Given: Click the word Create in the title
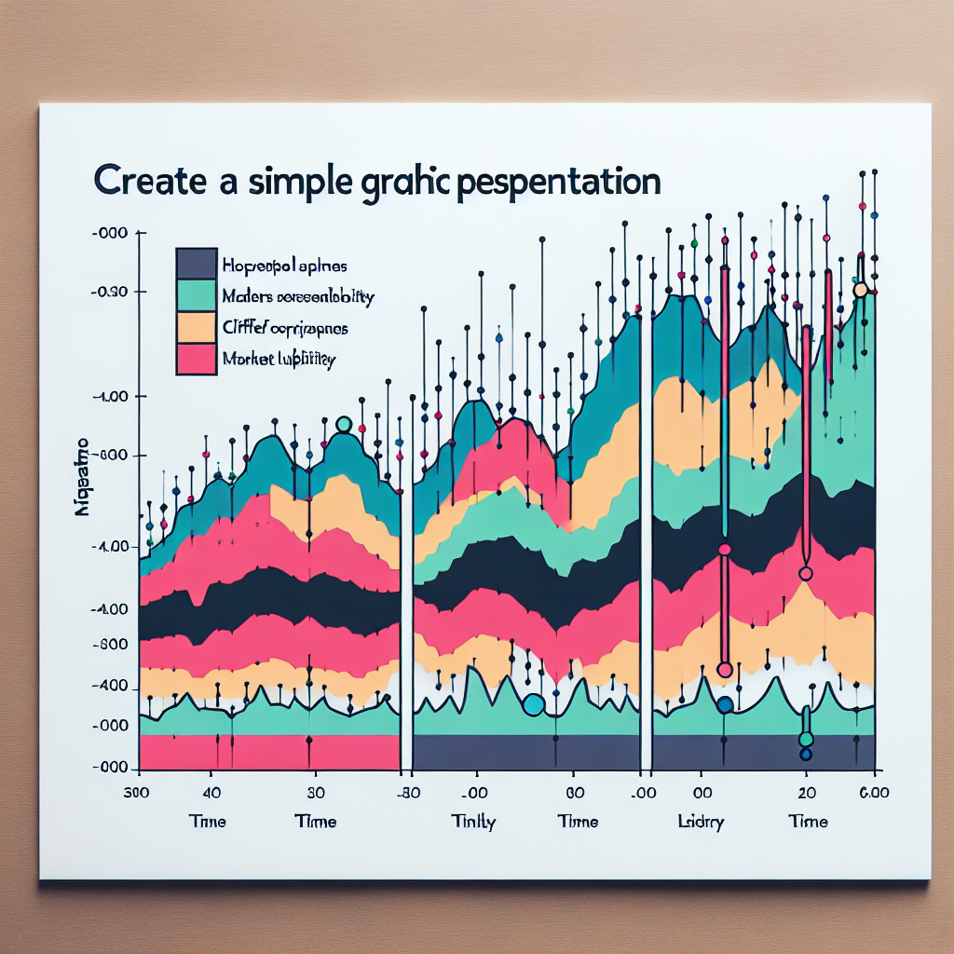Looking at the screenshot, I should pos(149,181).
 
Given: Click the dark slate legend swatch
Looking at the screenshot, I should pos(197,264).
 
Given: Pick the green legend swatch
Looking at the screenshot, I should pos(197,296).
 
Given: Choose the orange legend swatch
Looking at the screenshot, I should pos(197,327).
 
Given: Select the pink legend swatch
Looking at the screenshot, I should pos(197,359).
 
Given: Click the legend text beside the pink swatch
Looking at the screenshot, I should pos(279,359).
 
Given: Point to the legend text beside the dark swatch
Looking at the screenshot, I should pos(283,264).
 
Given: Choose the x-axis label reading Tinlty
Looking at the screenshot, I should pos(473,822).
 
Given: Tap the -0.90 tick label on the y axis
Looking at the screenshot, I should pos(115,293).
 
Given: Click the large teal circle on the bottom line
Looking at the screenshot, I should pos(533,705).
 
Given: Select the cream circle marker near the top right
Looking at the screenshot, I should pos(860,290).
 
